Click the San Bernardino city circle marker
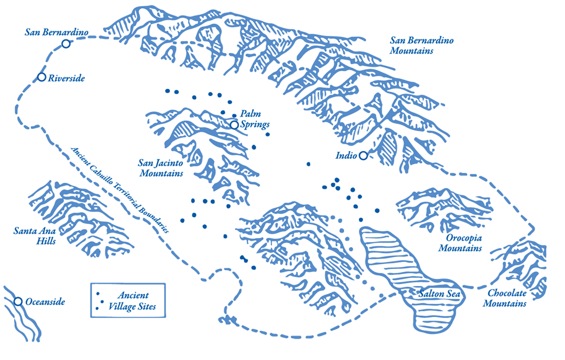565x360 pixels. pos(66,44)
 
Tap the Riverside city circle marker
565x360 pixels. pos(41,77)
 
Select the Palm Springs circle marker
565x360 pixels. pos(234,125)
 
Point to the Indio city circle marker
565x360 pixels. pos(363,155)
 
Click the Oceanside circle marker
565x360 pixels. pos(18,301)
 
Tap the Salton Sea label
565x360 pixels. pos(439,295)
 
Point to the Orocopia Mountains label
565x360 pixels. pos(460,243)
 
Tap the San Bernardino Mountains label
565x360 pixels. pos(421,45)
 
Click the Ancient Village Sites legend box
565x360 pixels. pos(128,301)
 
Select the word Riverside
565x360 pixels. pos(66,78)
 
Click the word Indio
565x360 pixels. pos(347,155)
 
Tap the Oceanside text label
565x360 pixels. pos(45,302)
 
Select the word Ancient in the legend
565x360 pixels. pos(133,295)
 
